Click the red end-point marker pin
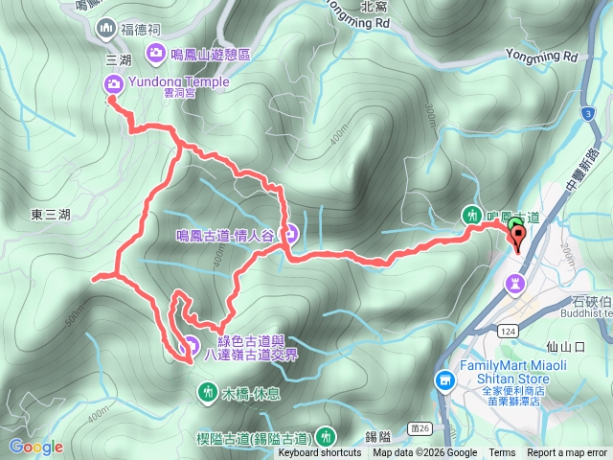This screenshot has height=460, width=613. (520, 238)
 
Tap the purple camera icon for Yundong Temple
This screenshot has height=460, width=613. (112, 82)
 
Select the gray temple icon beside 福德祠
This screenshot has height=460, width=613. (103, 29)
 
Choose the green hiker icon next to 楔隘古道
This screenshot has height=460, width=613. (325, 436)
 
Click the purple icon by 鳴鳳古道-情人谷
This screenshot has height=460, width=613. (290, 233)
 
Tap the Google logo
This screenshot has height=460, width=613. (35, 447)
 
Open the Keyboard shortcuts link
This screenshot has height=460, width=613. (320, 453)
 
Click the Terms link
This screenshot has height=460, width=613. (502, 453)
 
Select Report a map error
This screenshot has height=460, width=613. (566, 453)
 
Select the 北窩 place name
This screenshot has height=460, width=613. (374, 6)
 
